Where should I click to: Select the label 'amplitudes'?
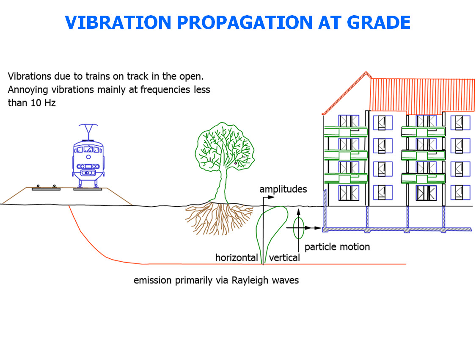click(x=283, y=189)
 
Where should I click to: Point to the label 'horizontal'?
click(x=237, y=258)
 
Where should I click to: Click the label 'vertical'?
click(x=284, y=258)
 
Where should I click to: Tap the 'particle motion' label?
click(x=337, y=246)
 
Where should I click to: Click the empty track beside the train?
click(x=46, y=188)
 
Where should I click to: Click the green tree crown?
click(x=224, y=148)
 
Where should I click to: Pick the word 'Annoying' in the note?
click(x=25, y=90)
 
